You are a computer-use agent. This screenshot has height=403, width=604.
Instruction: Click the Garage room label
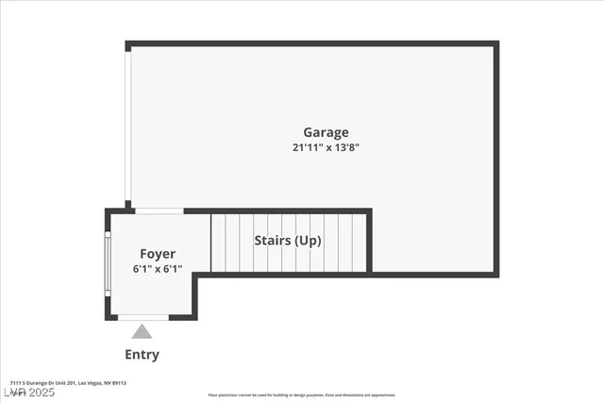coord(326,132)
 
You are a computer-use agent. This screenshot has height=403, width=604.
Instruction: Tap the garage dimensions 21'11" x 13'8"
coord(326,147)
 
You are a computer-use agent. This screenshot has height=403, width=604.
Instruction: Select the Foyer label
coord(158,253)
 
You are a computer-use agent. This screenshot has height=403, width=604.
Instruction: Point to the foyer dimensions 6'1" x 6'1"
coord(158,269)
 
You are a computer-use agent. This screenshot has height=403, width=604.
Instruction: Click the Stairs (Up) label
coord(288,241)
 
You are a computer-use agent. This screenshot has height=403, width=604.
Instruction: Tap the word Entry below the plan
coord(142,355)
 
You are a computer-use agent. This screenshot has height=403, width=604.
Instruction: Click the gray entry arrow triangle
coord(142,331)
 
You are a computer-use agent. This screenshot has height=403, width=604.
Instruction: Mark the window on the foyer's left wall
coord(108,265)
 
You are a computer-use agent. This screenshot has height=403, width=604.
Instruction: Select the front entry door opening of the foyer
coord(143,318)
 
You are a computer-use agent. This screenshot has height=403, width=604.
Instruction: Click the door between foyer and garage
coord(159,210)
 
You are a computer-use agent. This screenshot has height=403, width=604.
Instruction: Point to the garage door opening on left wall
coord(128,123)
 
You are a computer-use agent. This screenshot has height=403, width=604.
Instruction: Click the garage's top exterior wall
coord(311,43)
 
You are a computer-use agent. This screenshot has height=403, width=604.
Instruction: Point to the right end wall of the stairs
coord(369,242)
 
